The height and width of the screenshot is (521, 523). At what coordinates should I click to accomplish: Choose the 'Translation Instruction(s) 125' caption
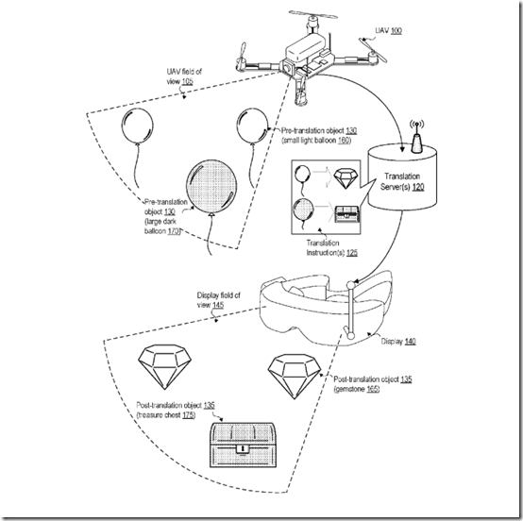click(x=343, y=247)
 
